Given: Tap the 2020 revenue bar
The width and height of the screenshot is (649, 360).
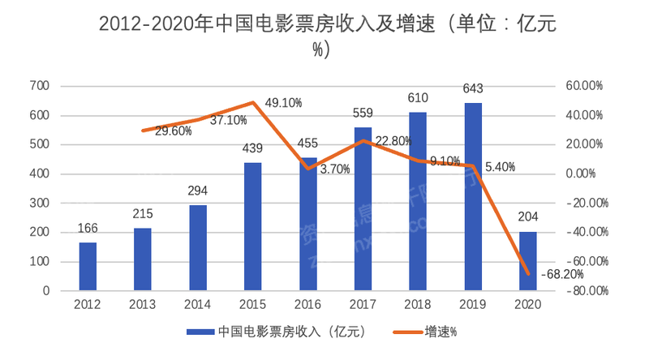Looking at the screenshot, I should [x=527, y=260].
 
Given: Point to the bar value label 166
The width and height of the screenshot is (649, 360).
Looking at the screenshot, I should [x=88, y=229].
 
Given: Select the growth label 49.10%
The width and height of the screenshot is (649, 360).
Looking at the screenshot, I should [x=283, y=103].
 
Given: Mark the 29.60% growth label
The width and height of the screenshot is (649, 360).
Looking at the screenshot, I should [x=172, y=131].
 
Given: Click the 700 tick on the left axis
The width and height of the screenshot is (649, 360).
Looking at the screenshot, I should [x=39, y=86].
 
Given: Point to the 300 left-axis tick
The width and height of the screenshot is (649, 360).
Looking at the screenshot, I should [x=39, y=203].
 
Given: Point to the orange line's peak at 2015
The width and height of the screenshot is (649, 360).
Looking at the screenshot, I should [x=253, y=102].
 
